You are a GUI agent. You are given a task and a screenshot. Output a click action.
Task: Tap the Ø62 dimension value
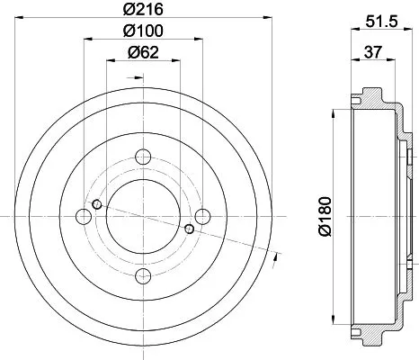point(144,52)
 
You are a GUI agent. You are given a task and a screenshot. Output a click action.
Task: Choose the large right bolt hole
point(202,216)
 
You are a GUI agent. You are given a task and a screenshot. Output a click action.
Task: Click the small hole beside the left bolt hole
point(98,203)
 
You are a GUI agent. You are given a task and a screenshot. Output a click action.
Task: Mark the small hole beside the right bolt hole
point(189,229)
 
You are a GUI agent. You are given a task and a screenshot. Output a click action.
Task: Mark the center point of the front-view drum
point(144,216)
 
